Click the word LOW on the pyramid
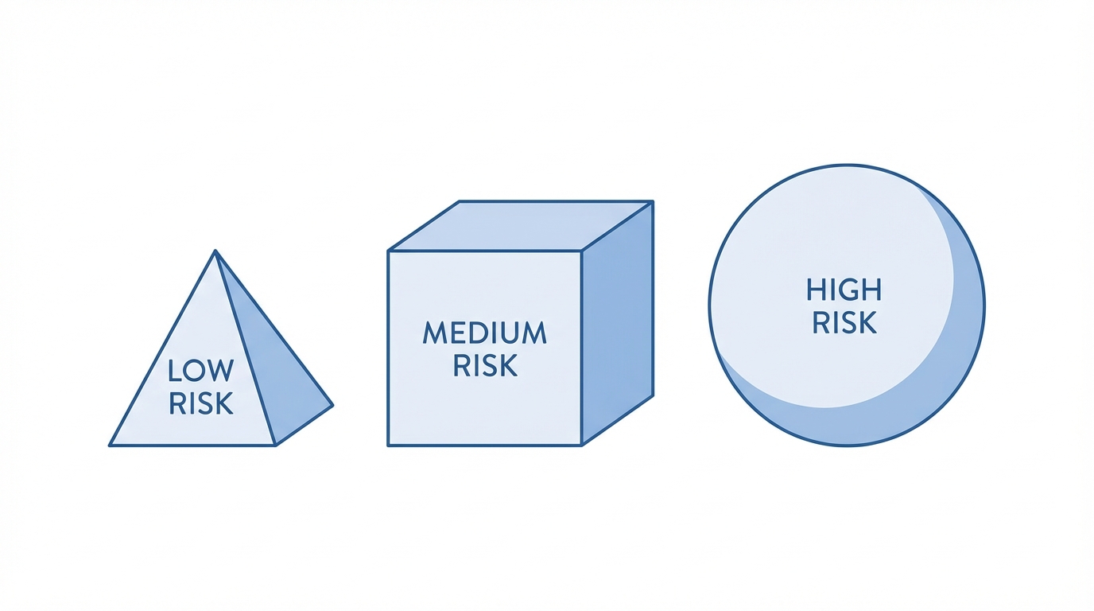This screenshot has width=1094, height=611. click(201, 371)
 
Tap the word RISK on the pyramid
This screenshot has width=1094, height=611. click(201, 403)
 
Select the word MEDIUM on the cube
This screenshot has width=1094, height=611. click(485, 333)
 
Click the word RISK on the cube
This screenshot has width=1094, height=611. click(485, 365)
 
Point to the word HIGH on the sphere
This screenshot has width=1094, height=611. click(844, 290)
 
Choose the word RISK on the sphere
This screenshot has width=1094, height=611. click(844, 322)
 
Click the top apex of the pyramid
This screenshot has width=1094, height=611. click(215, 251)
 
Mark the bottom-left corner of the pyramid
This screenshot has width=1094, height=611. click(110, 445)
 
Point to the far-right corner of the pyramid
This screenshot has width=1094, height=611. click(332, 406)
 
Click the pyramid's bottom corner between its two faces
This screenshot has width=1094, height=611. click(275, 445)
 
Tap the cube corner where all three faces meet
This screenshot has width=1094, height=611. click(582, 251)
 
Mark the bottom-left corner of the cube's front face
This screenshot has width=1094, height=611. click(388, 445)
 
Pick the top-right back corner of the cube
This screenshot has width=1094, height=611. click(653, 201)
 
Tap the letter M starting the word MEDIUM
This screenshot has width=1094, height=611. click(434, 333)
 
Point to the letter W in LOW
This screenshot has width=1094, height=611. click(221, 371)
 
